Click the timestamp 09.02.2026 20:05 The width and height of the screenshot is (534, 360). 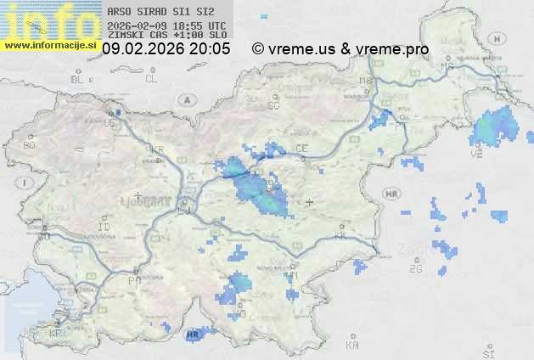pyautogui.click(x=166, y=49)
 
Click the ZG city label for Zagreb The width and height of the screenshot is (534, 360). pyautogui.click(x=415, y=269)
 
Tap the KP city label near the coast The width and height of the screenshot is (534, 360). pyautogui.click(x=56, y=335)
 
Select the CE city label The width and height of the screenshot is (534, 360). pyautogui.click(x=301, y=149)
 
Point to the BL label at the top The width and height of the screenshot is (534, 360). pyautogui.click(x=78, y=79)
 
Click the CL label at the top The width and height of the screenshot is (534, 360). pyautogui.click(x=151, y=79)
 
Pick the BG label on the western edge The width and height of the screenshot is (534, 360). pyautogui.click(x=29, y=145)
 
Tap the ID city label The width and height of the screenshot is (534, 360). pyautogui.click(x=104, y=228)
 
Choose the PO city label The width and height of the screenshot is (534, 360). pyautogui.click(x=133, y=279)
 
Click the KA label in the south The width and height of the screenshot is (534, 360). pyautogui.click(x=352, y=346)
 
